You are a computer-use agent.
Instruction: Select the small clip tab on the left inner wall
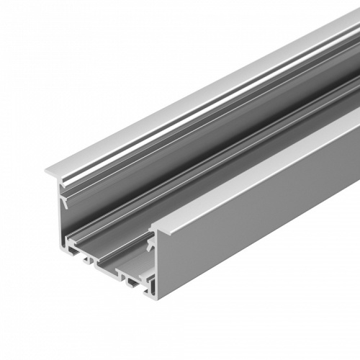[x=65, y=203]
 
